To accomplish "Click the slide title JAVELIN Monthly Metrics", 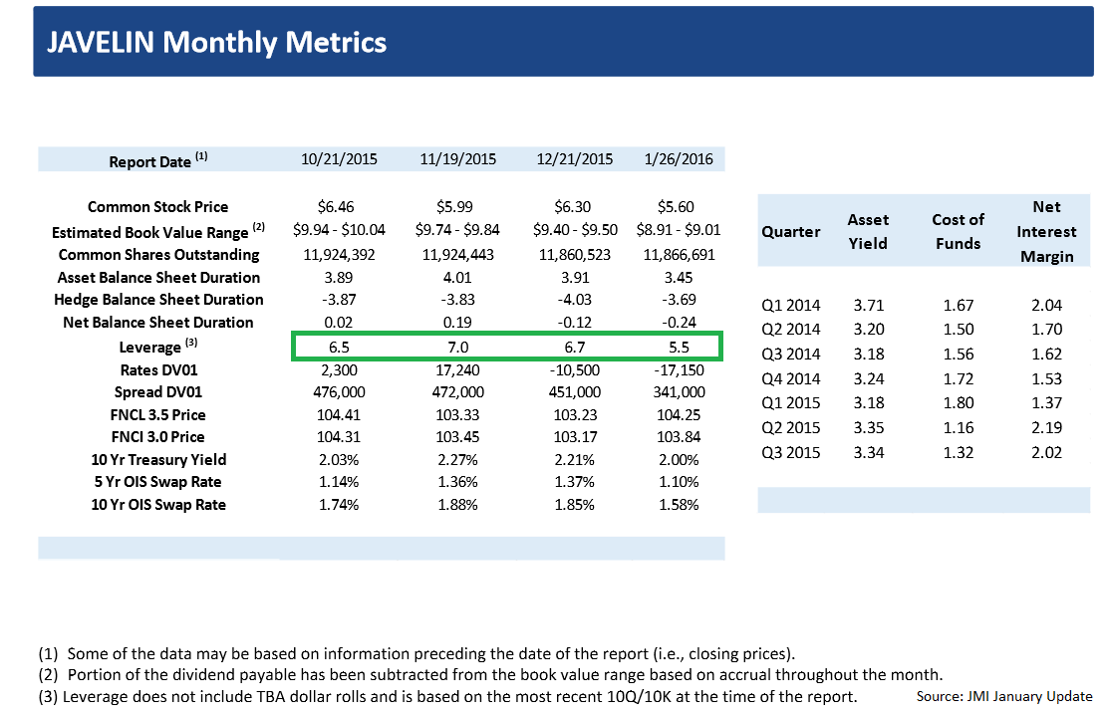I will point(217,42).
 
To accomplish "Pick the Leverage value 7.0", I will point(457,347).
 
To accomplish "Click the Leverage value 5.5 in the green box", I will point(678,347).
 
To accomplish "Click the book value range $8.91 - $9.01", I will point(678,231).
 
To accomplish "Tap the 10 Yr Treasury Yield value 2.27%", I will point(457,460).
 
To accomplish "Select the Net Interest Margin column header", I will point(1045,232).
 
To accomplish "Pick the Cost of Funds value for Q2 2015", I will point(957,428).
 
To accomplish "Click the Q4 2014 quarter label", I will point(790,379).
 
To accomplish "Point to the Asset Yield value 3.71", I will point(868,306).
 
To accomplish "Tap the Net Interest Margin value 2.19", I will point(1046,428).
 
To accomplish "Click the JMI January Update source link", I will point(1030,697).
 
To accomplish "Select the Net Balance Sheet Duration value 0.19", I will point(457,323).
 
